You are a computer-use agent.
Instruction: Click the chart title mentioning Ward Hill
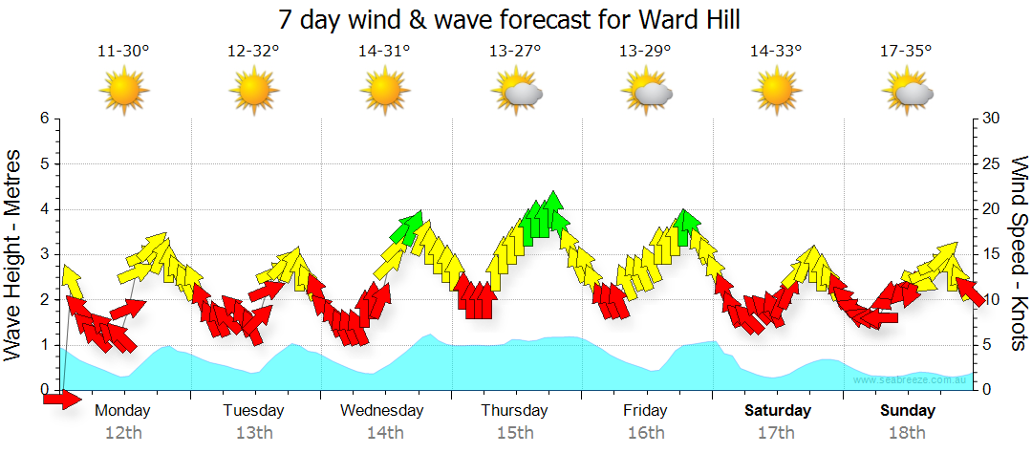(x=510, y=19)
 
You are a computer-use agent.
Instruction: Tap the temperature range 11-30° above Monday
(x=123, y=52)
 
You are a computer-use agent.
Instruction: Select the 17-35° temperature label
(x=906, y=52)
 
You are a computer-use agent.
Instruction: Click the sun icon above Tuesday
(x=254, y=92)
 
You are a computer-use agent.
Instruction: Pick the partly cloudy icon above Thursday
(x=517, y=92)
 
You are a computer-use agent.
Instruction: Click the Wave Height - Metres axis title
(x=15, y=254)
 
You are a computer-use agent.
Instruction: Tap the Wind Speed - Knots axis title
(x=1017, y=254)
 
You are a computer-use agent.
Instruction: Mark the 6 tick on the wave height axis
(x=44, y=119)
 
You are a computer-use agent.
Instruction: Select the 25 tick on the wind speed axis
(x=992, y=163)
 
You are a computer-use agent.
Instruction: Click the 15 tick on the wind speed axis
(x=992, y=254)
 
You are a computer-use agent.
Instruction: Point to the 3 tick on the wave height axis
(x=44, y=254)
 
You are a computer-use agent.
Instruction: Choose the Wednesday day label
(x=382, y=411)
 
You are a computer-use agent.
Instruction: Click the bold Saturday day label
(x=778, y=411)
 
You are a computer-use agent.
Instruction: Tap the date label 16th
(x=646, y=433)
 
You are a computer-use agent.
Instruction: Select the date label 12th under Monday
(x=123, y=433)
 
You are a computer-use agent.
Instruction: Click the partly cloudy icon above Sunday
(x=908, y=92)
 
